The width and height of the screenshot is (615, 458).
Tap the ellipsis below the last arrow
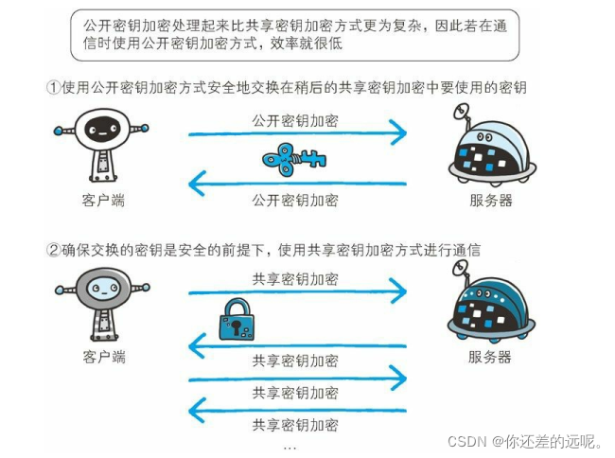click(x=290, y=445)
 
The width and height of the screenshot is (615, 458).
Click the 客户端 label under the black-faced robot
click(x=104, y=200)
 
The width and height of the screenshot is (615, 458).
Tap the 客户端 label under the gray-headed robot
click(x=104, y=357)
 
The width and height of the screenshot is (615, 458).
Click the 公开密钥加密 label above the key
click(x=295, y=121)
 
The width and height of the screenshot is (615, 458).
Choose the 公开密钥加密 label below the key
click(x=295, y=200)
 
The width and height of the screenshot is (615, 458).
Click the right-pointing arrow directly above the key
click(x=298, y=135)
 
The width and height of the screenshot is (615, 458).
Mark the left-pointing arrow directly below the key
click(x=298, y=182)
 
